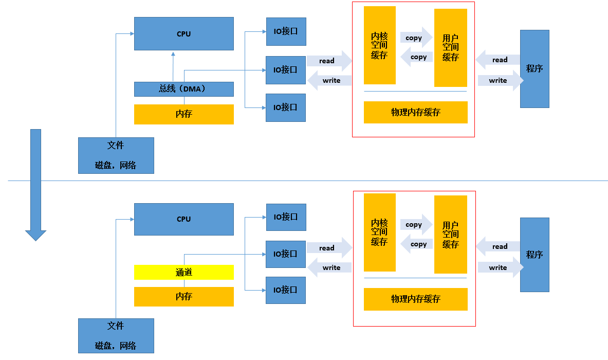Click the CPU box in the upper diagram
coord(183,34)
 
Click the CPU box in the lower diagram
coord(183,219)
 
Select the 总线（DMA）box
coord(183,89)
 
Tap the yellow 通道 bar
coord(183,272)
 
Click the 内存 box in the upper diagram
coord(183,114)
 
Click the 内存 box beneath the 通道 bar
coord(183,297)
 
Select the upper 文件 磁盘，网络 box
coord(116,155)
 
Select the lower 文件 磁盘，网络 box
coord(116,335)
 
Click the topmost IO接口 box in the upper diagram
coord(286,31)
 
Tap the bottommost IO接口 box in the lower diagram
coord(286,290)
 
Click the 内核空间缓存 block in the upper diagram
coord(379,45)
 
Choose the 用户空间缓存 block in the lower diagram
coord(450,235)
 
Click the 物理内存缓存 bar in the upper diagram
coord(415,112)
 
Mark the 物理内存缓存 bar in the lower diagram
coord(415,299)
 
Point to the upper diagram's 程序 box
coord(535,68)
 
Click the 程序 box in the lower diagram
coord(535,255)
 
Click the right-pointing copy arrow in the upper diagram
coord(416,38)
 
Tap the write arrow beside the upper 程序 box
coord(499,80)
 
